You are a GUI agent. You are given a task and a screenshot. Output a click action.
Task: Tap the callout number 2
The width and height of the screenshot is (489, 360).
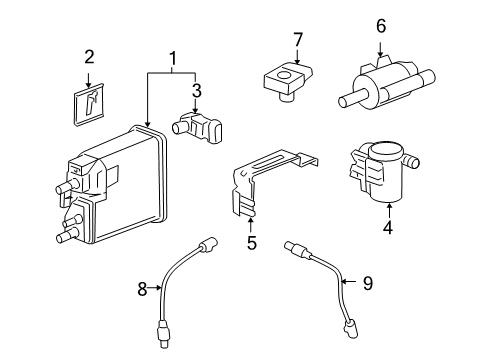pos(88,57)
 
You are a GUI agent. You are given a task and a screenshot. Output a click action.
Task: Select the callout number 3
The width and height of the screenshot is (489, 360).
pos(196,90)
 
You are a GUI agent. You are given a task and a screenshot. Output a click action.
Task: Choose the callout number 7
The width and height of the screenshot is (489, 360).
pos(296,39)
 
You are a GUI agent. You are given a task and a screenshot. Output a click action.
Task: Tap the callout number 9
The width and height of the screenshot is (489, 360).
pos(366,284)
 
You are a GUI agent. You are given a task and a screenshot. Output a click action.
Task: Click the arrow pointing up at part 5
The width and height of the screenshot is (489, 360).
pos(251,222)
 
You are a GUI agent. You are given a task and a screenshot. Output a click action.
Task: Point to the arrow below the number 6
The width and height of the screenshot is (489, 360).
pos(380,46)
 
